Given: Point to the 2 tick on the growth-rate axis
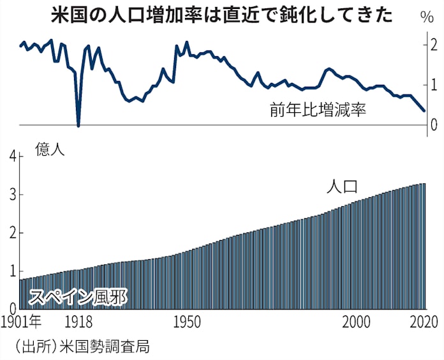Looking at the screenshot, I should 434,45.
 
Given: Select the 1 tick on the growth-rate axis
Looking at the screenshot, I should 434,85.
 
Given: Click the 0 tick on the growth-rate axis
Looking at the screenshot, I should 434,124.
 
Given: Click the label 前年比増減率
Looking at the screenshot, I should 318,110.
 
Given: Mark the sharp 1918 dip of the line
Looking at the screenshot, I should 78,124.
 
